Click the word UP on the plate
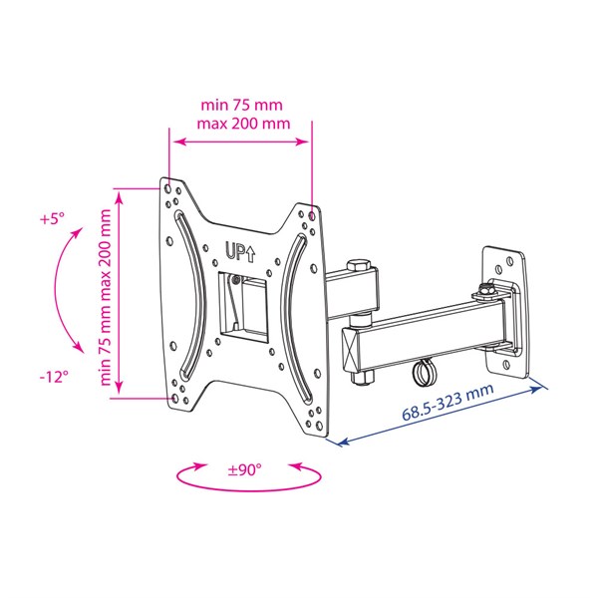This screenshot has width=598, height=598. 235,251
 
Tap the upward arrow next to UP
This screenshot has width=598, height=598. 250,254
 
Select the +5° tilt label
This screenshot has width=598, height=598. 52,219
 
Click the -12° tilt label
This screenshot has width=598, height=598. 54,377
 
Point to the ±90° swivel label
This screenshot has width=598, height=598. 245,469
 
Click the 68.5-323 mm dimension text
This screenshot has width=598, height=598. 448,402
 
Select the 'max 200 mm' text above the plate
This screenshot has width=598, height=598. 243,124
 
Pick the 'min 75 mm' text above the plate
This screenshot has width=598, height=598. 242,105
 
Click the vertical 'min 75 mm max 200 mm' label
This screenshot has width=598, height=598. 105,297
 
